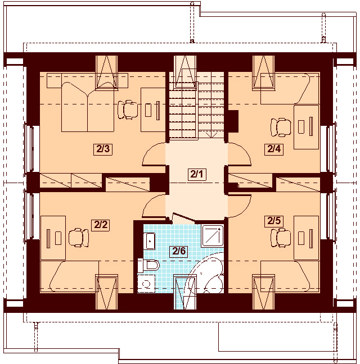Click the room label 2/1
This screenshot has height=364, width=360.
(x=196, y=174)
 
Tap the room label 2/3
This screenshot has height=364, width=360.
(x=103, y=149)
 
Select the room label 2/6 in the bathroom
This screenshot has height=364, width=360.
(x=179, y=251)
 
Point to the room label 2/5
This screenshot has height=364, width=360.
(x=273, y=221)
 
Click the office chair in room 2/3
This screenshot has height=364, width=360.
(x=129, y=108)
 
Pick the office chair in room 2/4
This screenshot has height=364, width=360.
(x=279, y=127)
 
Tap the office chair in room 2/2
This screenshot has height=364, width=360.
(x=78, y=238)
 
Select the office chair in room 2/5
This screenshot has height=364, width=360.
(x=280, y=238)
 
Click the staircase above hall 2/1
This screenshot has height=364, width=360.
(x=196, y=110)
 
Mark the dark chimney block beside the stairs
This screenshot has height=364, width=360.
(x=233, y=120)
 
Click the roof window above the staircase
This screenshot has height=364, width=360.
(x=184, y=71)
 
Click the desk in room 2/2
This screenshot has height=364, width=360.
(x=53, y=238)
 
